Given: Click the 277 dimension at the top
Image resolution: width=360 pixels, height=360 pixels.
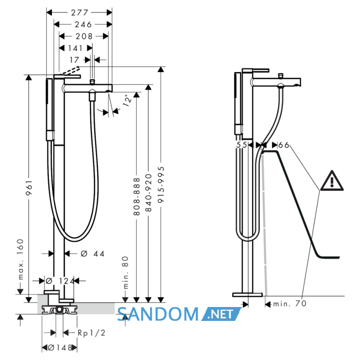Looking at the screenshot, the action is [79, 13].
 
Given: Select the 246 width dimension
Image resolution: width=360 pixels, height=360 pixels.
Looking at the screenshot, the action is [83, 24].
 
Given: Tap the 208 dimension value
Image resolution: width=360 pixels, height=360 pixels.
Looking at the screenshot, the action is [84, 37].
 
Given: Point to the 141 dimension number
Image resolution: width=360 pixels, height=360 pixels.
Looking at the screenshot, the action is [75, 48].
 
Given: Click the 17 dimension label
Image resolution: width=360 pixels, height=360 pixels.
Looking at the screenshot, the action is [75, 60].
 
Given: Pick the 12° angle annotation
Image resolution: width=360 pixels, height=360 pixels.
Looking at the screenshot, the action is [128, 100].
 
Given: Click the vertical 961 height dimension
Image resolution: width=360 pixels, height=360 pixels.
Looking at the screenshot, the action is [29, 188].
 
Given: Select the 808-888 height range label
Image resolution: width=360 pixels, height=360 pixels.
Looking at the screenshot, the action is [137, 196].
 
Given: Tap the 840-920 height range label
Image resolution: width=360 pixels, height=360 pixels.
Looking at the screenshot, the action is [149, 193].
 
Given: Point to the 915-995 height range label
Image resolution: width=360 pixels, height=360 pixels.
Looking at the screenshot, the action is [161, 185].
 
